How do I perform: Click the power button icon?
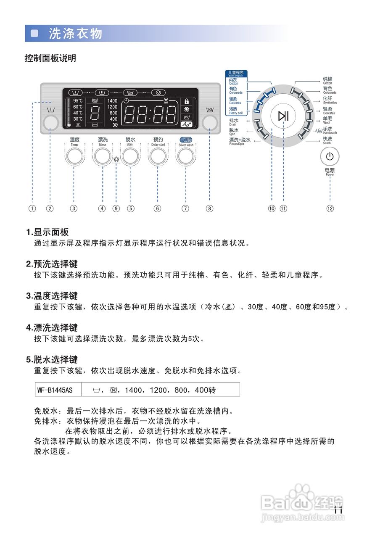click(x=330, y=156)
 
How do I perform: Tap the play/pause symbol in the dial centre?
click(x=284, y=116)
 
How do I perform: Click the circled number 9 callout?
click(x=116, y=208)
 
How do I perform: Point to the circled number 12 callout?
click(x=330, y=208)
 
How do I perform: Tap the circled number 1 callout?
click(x=32, y=208)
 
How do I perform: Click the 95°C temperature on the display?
click(x=78, y=101)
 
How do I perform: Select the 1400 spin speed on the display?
click(x=112, y=101)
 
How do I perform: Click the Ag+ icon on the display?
click(x=186, y=124)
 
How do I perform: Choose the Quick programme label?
click(x=327, y=140)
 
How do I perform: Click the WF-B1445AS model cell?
click(x=55, y=390)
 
